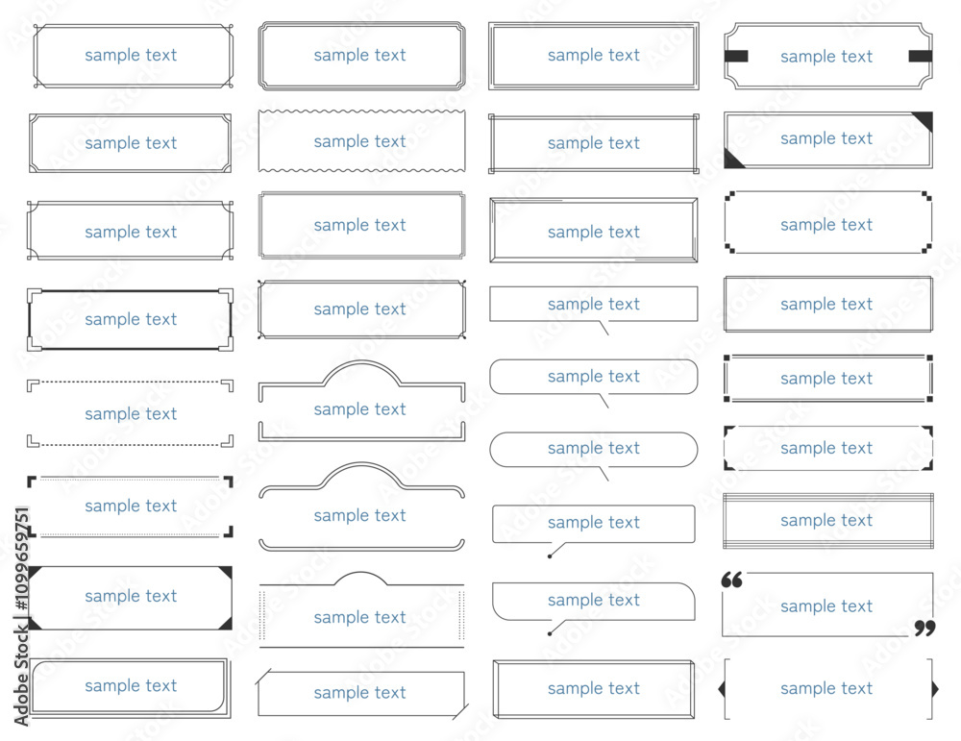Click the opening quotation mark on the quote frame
click(x=731, y=580)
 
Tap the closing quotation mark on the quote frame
click(x=925, y=629)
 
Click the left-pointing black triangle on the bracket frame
click(x=722, y=689)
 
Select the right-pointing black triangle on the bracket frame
click(x=935, y=689)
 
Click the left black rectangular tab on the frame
click(x=736, y=57)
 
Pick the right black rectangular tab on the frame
click(x=920, y=57)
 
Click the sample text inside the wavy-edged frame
click(x=359, y=141)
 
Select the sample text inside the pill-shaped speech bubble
click(x=593, y=448)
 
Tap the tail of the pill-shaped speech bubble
click(x=604, y=474)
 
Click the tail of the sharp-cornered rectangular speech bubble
click(x=604, y=328)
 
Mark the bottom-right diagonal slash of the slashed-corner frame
click(x=460, y=712)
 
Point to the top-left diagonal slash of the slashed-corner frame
click(x=263, y=678)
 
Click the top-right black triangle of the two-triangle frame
click(x=923, y=122)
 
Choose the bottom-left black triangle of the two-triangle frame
click(x=734, y=159)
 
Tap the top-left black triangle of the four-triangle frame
click(x=34, y=573)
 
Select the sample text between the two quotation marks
click(x=826, y=606)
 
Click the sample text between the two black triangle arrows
click(x=826, y=688)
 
